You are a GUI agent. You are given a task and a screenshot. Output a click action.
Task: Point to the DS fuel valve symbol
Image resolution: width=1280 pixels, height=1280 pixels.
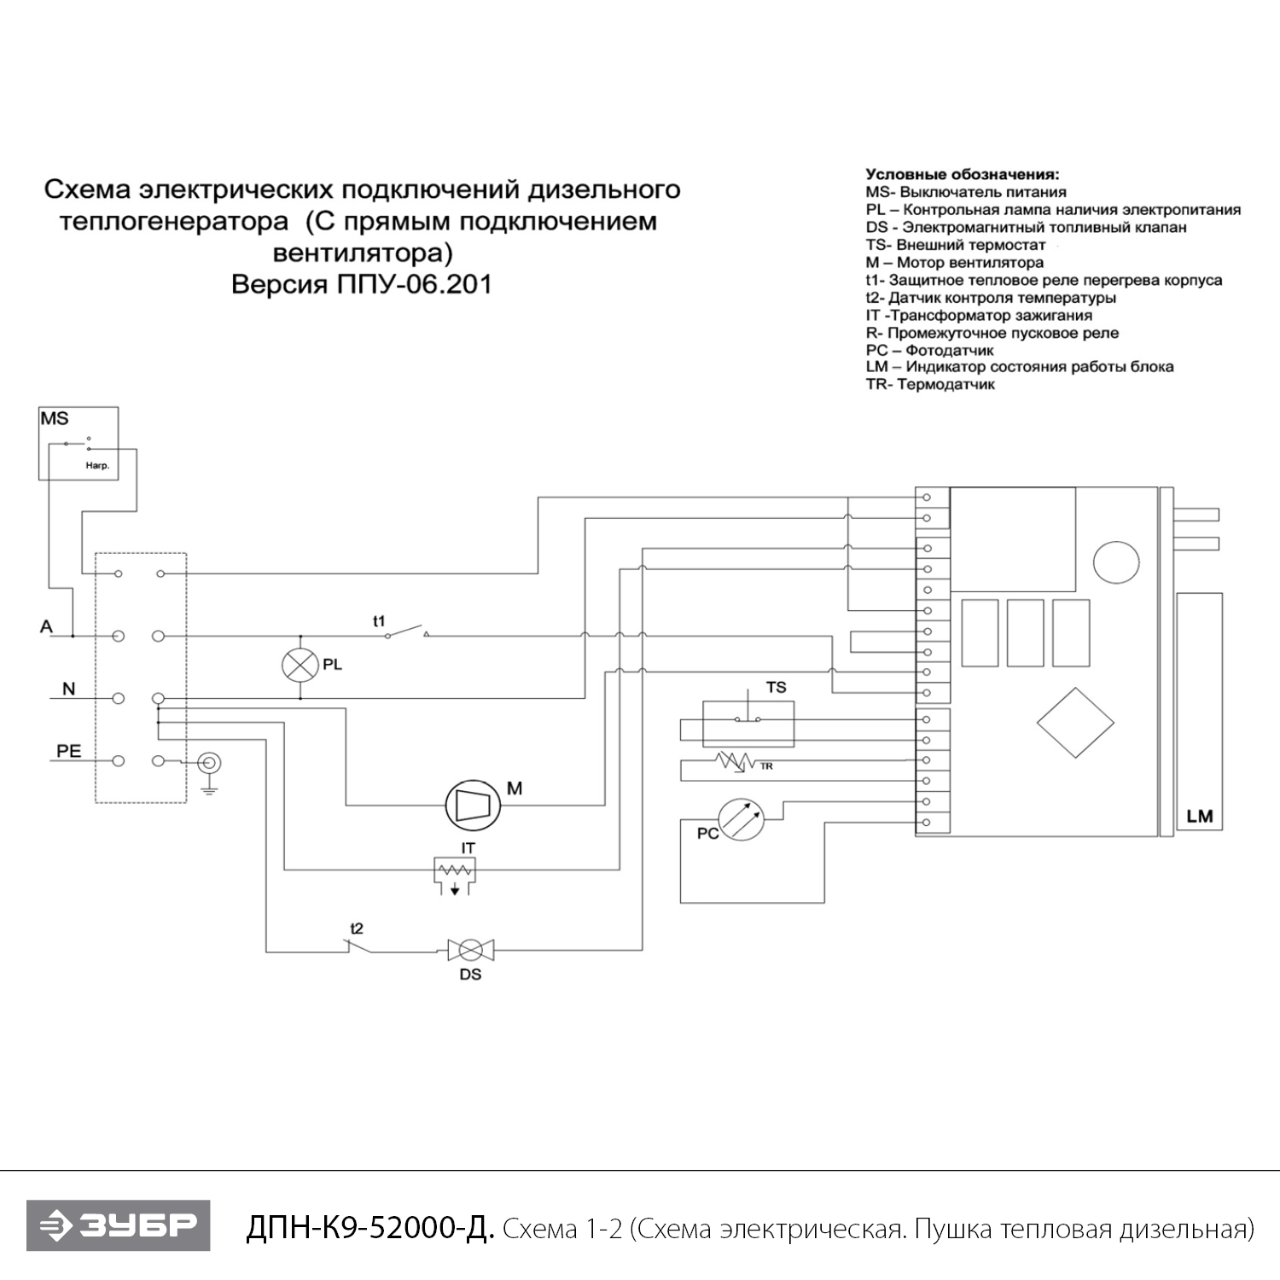(x=470, y=949)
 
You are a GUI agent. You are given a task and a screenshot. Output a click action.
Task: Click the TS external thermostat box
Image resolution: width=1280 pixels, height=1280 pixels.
(x=748, y=724)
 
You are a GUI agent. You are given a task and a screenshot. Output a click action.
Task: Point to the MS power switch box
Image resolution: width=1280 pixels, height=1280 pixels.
(x=79, y=444)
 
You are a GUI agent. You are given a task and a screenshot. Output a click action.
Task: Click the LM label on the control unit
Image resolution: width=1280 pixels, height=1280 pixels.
(x=1199, y=816)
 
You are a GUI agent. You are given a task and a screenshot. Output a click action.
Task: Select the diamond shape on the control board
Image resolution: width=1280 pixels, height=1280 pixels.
(x=1075, y=721)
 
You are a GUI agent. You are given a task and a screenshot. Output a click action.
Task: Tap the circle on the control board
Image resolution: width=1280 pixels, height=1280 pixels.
(x=1116, y=563)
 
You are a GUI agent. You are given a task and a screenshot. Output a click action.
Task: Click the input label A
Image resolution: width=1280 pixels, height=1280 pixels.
(x=46, y=627)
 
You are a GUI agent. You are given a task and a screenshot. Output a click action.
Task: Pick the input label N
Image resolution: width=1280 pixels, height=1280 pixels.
(x=68, y=689)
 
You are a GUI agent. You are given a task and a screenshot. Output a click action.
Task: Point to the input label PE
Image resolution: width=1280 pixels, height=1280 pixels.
(x=68, y=751)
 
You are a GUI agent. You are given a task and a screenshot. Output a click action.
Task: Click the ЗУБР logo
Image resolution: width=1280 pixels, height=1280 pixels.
(x=118, y=1226)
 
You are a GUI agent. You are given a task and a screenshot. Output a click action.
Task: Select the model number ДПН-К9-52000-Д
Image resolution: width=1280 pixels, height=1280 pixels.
(x=369, y=1228)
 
